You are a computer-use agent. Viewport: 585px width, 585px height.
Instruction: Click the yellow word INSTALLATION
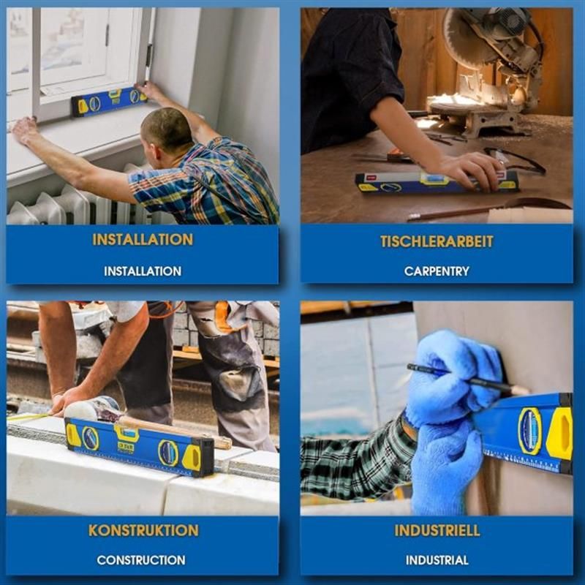pos(143,240)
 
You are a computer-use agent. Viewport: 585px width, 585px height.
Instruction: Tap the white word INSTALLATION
pos(143,271)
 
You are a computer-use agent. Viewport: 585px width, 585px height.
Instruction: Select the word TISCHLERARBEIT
pos(437,241)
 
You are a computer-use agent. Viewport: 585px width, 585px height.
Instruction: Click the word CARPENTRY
pos(437,271)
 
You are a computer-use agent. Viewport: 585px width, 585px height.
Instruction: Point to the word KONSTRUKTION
pos(143,530)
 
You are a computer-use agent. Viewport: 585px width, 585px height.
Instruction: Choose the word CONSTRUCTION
pos(141,560)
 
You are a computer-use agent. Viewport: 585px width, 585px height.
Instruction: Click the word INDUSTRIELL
pos(437,530)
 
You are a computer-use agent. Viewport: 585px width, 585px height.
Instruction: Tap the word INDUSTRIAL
pos(437,560)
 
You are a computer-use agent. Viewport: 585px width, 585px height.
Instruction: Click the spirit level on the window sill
pos(109,101)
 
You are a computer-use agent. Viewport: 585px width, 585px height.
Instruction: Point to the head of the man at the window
pos(166,131)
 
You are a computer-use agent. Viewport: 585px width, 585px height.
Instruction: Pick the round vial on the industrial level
pos(529,431)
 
